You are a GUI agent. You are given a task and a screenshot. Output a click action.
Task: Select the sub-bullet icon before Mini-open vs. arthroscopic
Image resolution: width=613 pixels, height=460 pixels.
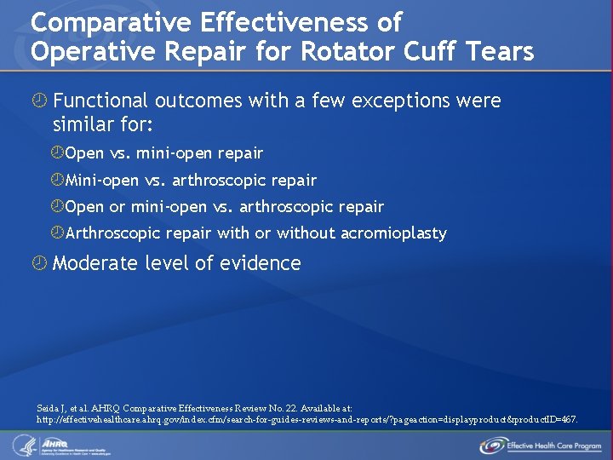[x=57, y=180]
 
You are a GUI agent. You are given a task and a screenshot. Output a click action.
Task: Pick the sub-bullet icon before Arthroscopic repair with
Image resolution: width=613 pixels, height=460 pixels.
[x=57, y=233]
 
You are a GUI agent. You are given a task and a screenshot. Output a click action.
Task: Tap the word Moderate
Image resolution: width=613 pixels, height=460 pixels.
[x=94, y=263]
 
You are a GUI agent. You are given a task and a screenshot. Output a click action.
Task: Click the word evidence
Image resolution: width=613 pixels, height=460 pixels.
[x=260, y=263]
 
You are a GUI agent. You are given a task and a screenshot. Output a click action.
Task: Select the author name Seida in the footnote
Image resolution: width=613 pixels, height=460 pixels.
[x=49, y=409]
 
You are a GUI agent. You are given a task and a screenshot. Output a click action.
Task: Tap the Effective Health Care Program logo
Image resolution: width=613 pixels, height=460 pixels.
[x=541, y=446]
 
